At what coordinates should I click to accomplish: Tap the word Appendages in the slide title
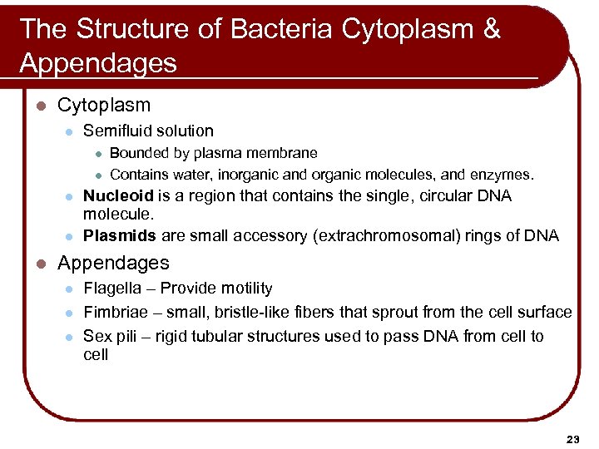(x=97, y=63)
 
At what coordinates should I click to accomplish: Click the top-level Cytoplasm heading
(x=104, y=106)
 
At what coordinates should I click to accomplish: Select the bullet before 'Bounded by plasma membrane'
(x=97, y=153)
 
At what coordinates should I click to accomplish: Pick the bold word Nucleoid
(x=118, y=196)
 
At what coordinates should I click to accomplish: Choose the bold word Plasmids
(x=119, y=235)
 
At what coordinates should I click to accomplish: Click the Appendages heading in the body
(x=112, y=263)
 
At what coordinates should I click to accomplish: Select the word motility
(x=244, y=289)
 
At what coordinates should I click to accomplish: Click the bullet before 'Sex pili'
(x=70, y=337)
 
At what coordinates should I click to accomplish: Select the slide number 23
(x=572, y=438)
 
